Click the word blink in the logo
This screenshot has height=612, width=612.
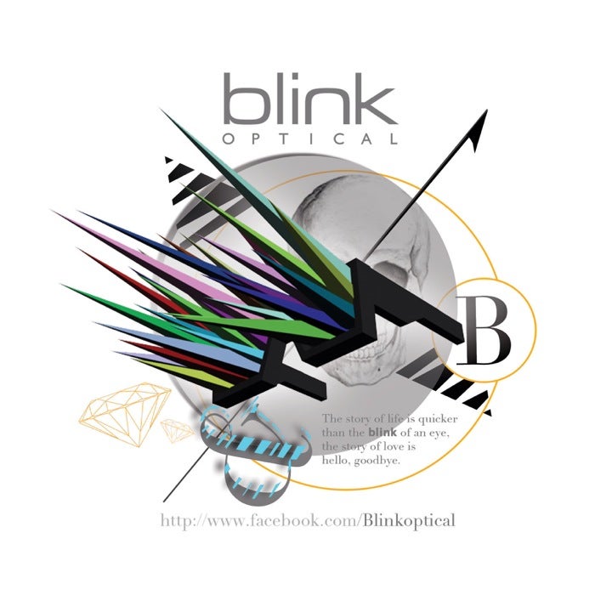(x=311, y=99)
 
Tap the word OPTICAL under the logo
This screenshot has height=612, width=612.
(x=311, y=139)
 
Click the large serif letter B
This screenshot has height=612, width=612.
(x=483, y=331)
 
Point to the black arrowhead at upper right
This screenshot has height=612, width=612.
(x=479, y=129)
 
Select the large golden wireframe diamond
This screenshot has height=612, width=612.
(x=125, y=414)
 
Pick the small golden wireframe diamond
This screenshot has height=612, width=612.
(x=178, y=430)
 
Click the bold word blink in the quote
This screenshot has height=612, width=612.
(x=382, y=433)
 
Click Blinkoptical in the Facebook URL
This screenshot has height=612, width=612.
(x=409, y=521)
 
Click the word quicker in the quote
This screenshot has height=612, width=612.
(x=438, y=420)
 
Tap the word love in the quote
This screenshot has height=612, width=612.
(x=393, y=446)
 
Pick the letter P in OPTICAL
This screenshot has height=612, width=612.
(x=256, y=139)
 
